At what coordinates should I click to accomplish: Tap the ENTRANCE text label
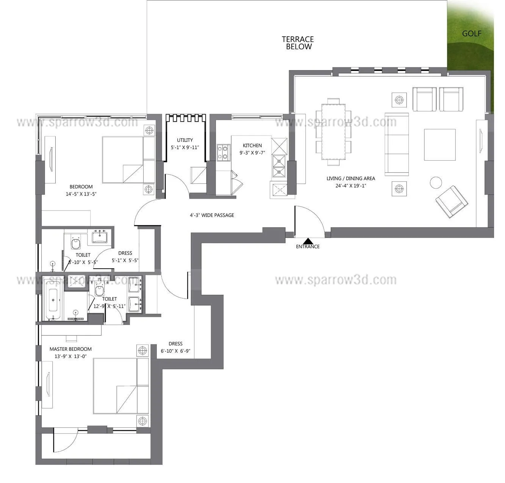tap(308, 247)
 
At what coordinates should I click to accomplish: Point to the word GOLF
tap(472, 33)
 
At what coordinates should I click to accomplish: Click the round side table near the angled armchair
tap(436, 183)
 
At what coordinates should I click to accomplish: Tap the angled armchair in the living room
tap(451, 202)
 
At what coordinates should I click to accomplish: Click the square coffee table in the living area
tap(439, 145)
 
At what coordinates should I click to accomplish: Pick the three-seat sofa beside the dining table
tap(397, 144)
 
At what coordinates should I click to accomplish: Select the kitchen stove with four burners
tap(224, 152)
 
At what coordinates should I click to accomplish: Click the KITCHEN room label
tap(252, 145)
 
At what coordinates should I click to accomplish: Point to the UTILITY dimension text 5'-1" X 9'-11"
tap(185, 147)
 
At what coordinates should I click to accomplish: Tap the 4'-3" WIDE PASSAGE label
tap(212, 215)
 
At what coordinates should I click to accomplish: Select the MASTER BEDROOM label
tap(70, 349)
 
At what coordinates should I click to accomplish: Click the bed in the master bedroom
tap(121, 386)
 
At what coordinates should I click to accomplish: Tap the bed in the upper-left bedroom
tap(128, 160)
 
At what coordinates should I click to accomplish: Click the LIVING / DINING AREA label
tap(351, 178)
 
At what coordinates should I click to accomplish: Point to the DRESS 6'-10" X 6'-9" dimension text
tap(175, 351)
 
